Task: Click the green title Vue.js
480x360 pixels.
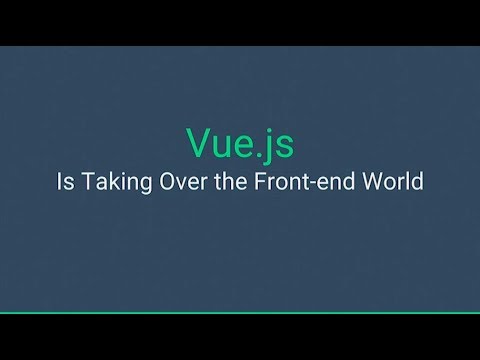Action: [240, 144]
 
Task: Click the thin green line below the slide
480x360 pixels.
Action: [240, 313]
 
